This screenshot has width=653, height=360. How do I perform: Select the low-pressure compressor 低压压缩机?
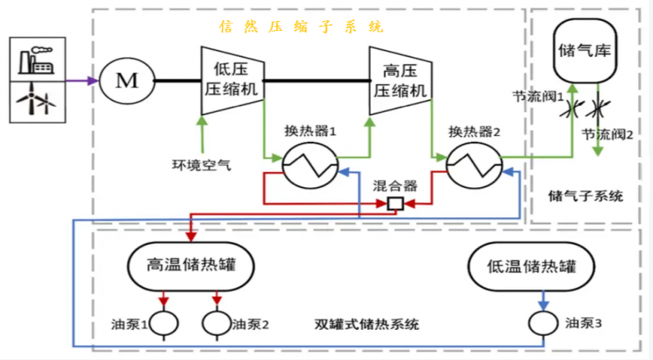click(x=231, y=81)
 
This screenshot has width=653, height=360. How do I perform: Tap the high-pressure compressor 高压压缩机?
click(x=399, y=81)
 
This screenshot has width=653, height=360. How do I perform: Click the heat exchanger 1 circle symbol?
click(x=298, y=165)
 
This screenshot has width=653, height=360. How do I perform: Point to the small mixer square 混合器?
click(x=395, y=204)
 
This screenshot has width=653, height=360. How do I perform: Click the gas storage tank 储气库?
click(x=585, y=50)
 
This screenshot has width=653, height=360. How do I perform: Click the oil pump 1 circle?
click(x=164, y=322)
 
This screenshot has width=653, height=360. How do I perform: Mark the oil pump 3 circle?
click(x=544, y=322)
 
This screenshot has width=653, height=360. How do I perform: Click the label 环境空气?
click(x=201, y=165)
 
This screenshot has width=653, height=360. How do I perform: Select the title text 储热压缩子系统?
click(x=301, y=27)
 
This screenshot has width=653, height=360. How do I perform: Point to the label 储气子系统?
click(x=585, y=196)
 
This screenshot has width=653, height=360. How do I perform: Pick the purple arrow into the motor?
click(x=81, y=81)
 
